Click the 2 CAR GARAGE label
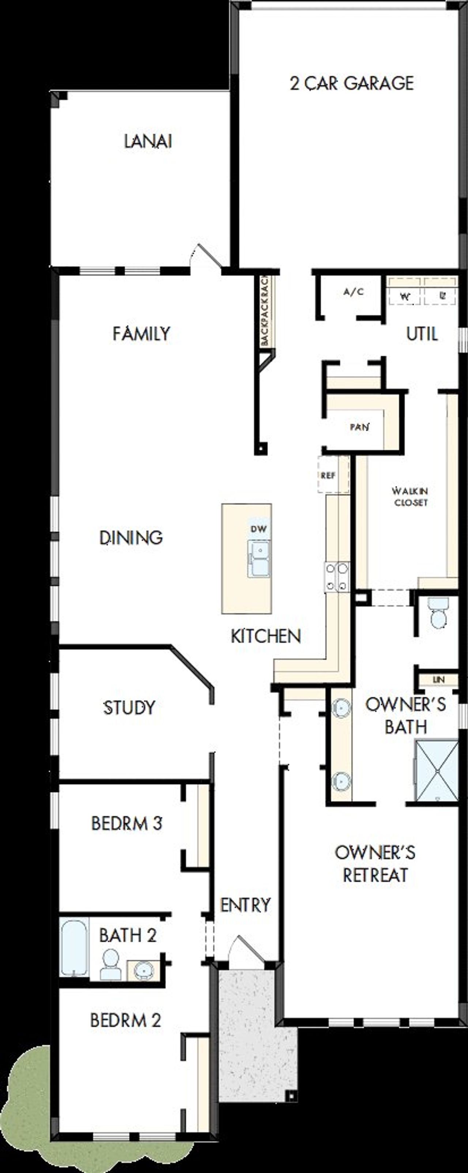[351, 83]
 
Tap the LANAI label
[148, 141]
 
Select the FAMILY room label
[141, 334]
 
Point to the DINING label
[131, 538]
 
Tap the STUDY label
[129, 708]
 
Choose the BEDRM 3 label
[127, 823]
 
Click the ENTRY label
[245, 905]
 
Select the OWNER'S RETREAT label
[375, 863]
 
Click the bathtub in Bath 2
[74, 948]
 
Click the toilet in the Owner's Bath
[438, 613]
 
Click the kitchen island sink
[258, 558]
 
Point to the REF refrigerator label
[328, 475]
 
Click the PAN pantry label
[359, 427]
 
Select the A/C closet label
[353, 292]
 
